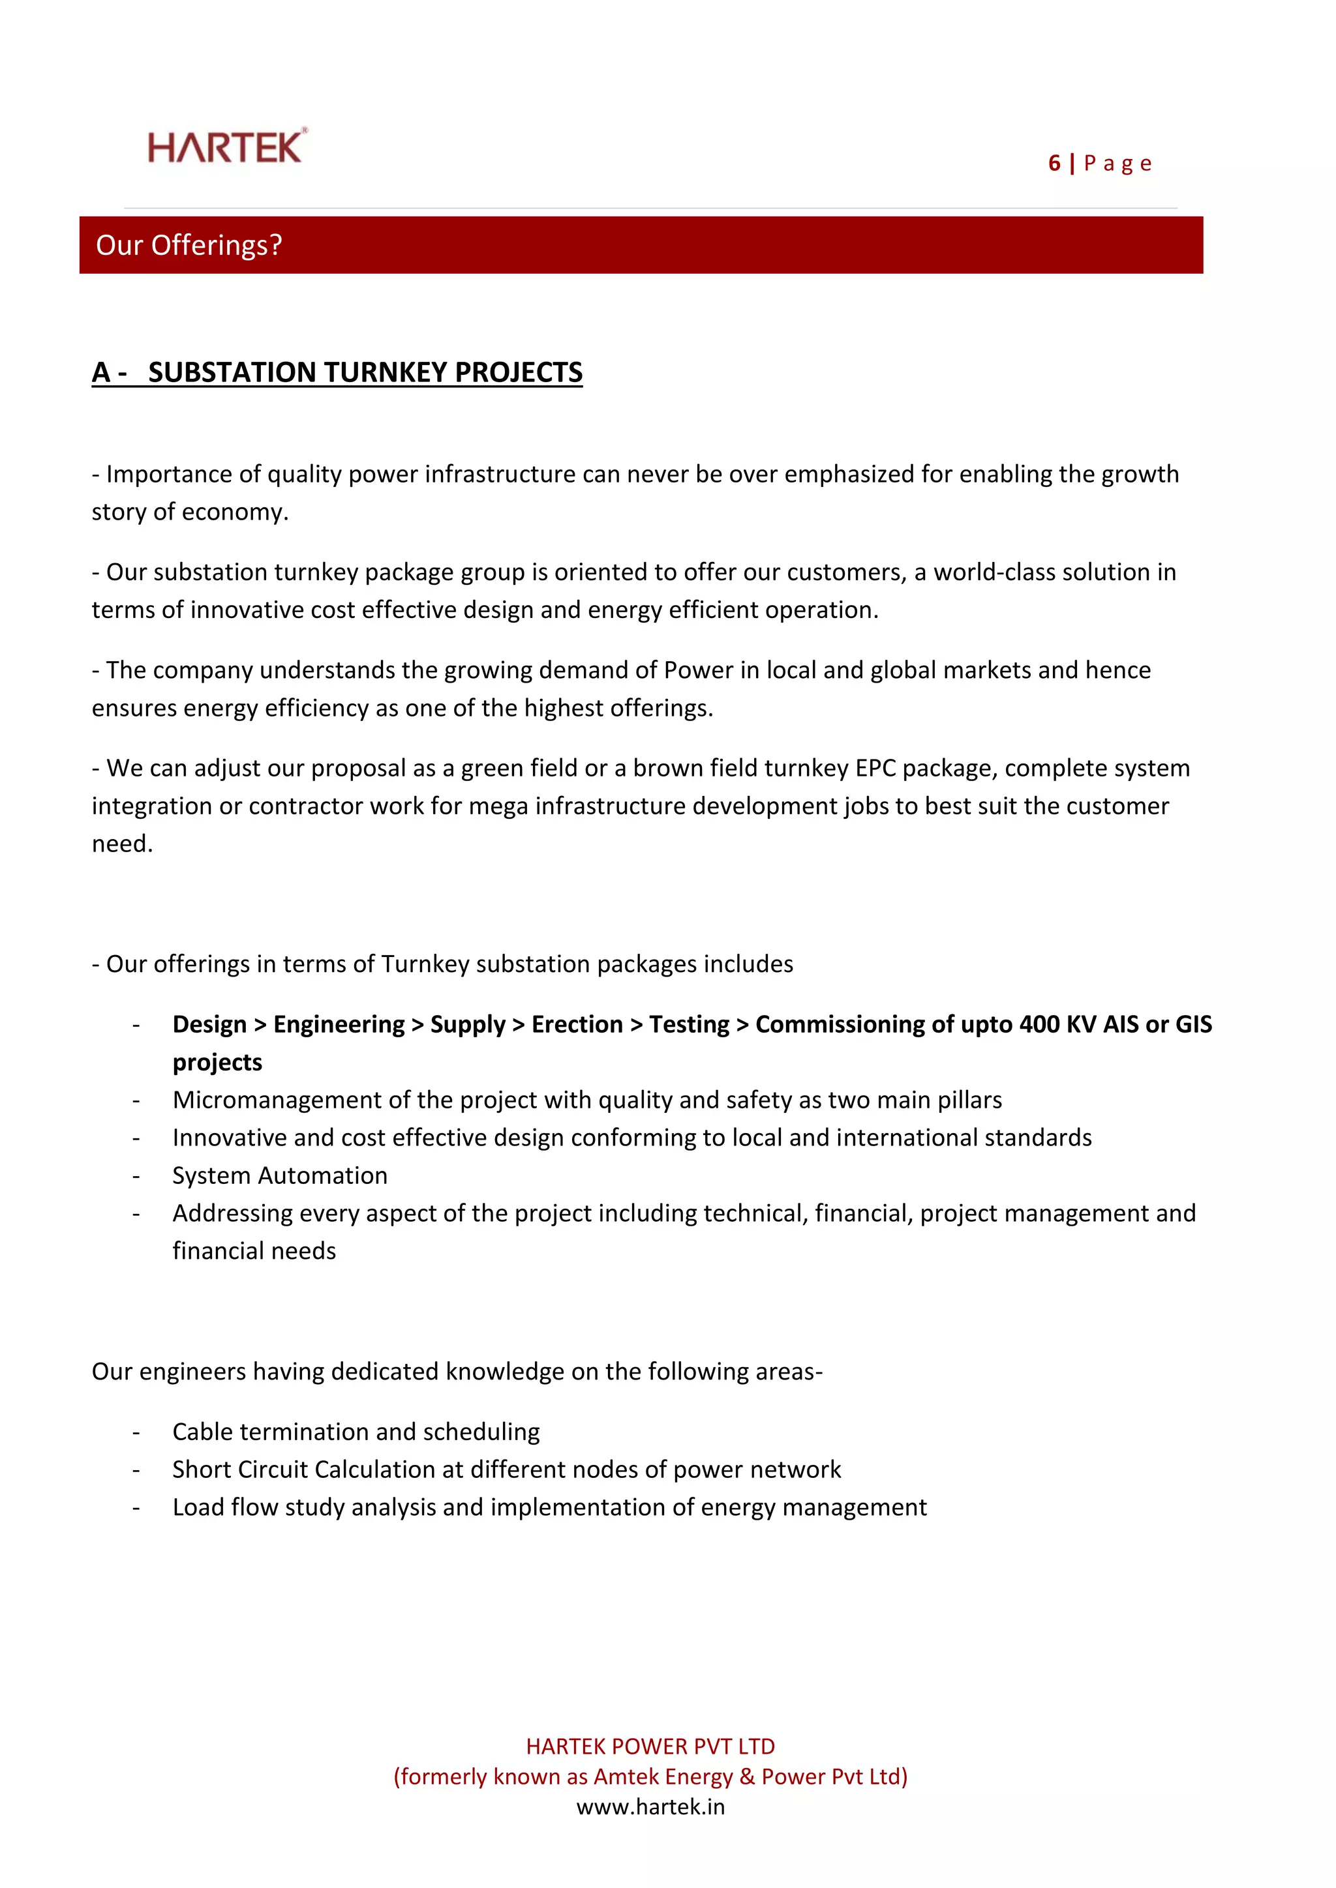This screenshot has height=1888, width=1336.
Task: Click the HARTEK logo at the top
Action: (226, 147)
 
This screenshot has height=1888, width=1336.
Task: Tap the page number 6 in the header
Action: (1054, 164)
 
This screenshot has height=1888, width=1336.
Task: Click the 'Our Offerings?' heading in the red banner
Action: (189, 245)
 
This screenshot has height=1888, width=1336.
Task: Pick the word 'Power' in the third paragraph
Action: (697, 670)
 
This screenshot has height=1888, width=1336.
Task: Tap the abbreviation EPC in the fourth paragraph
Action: (875, 768)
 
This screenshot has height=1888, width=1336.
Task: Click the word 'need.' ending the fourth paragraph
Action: (123, 844)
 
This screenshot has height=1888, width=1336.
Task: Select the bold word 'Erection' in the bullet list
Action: (577, 1025)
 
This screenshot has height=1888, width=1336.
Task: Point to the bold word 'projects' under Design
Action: (217, 1063)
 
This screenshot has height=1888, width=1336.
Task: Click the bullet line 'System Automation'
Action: (280, 1176)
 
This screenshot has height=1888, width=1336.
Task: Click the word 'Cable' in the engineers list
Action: (203, 1432)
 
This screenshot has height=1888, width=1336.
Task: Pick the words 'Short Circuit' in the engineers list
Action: (239, 1470)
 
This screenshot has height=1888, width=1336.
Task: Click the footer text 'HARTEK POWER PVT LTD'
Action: (650, 1747)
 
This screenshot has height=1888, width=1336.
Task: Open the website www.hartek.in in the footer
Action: (650, 1807)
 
